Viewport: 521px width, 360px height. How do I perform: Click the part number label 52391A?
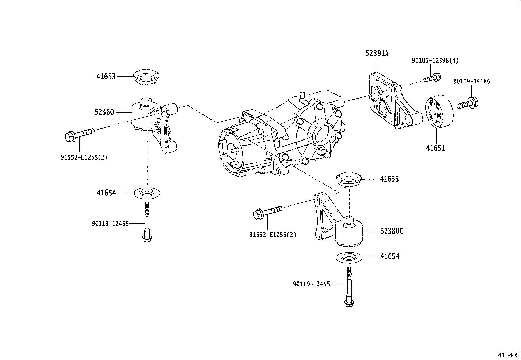pos(377,53)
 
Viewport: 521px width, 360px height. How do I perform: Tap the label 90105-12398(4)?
pos(435,61)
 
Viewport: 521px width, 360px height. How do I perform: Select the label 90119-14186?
pos(472,81)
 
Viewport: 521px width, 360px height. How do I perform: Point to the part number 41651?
pos(435,148)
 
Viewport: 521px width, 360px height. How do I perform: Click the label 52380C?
pos(392,231)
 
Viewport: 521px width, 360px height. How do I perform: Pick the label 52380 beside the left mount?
pos(104,112)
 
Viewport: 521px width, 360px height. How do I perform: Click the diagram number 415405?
pos(509,355)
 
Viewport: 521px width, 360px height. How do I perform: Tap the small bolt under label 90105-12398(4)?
pos(432,78)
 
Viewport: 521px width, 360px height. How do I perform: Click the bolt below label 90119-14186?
pos(467,104)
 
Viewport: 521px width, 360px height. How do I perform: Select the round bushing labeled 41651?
pos(439,111)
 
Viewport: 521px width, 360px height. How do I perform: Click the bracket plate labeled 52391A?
pos(396,101)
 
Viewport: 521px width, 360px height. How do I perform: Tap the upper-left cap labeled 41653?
pos(146,76)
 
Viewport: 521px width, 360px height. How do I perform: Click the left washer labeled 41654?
pos(147,193)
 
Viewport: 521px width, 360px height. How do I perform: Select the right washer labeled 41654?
pos(349,257)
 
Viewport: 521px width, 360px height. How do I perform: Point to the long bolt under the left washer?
pos(147,222)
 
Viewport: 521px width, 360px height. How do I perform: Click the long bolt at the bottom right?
pos(349,287)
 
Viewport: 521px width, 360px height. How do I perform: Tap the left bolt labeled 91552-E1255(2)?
pos(80,134)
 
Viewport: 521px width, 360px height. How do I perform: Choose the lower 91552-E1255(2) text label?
pos(273,235)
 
